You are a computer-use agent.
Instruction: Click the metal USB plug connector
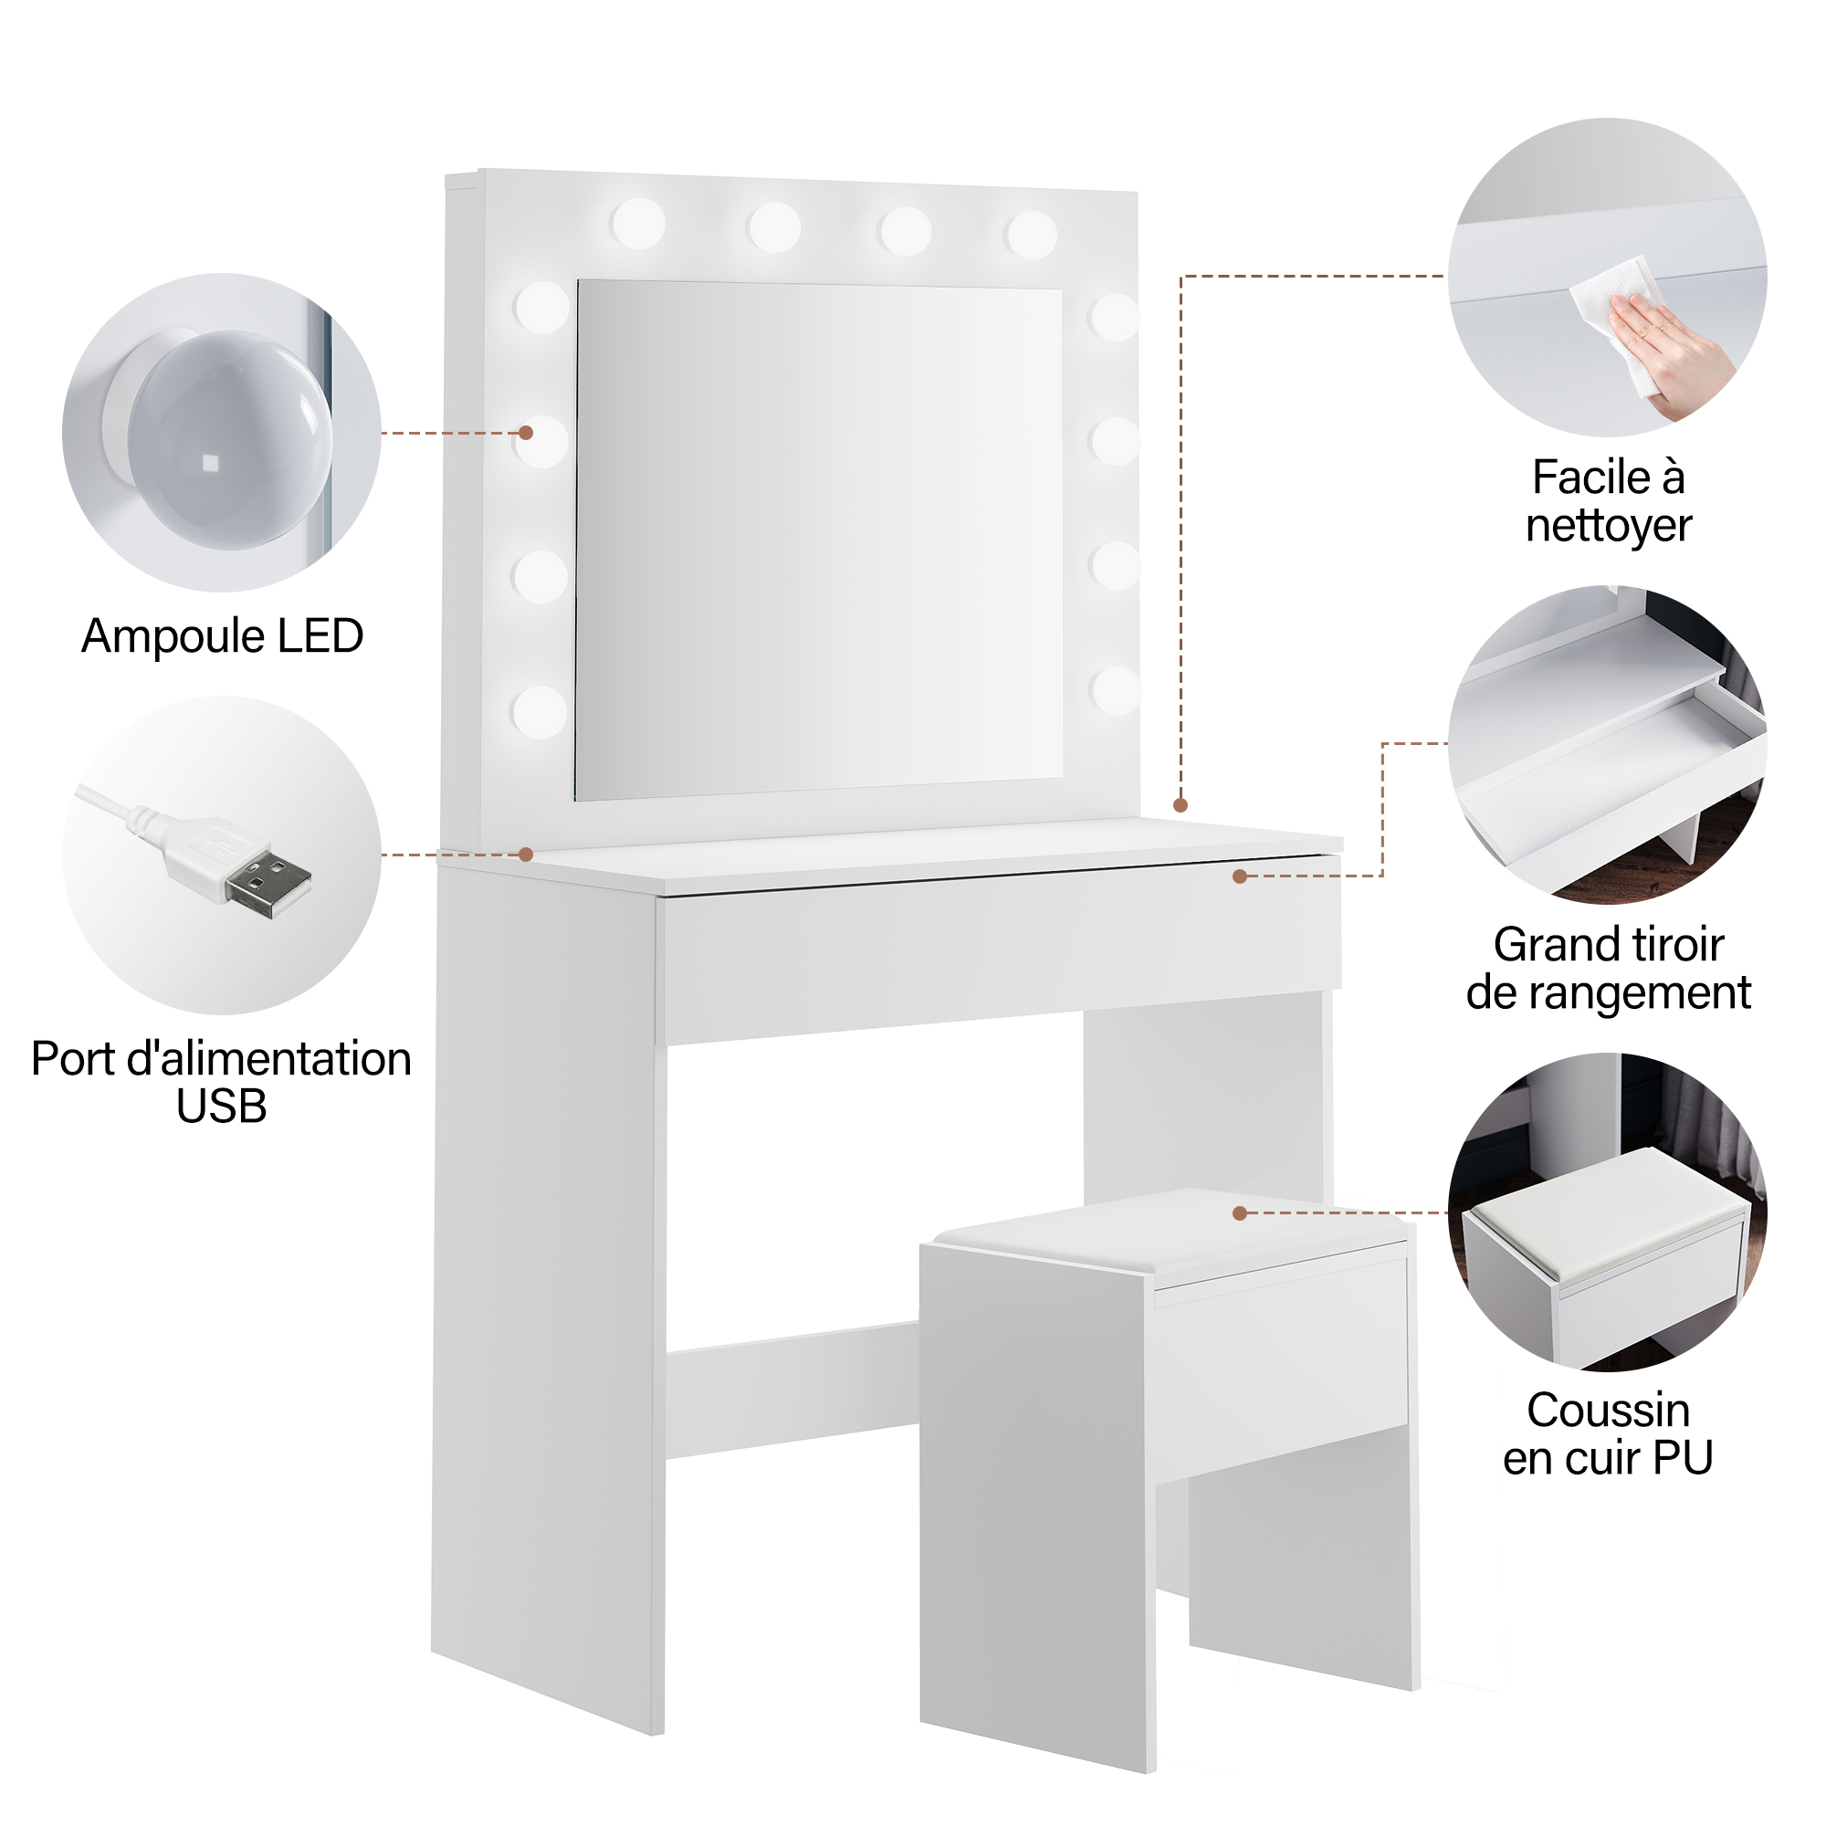[x=268, y=883]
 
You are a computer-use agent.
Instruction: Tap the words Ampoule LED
[x=223, y=636]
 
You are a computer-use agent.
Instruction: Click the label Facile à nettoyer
[x=1608, y=501]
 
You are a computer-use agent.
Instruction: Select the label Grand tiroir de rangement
[x=1608, y=969]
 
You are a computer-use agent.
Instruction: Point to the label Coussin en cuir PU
[x=1608, y=1433]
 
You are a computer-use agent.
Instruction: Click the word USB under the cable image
[x=221, y=1107]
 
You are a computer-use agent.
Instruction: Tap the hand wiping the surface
[x=1671, y=352]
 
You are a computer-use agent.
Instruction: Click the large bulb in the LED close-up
[x=229, y=439]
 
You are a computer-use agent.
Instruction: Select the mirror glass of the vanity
[x=818, y=540]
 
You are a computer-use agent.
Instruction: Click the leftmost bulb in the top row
[x=638, y=224]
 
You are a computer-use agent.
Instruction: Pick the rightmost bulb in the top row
[x=1031, y=236]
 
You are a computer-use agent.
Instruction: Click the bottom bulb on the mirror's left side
[x=540, y=712]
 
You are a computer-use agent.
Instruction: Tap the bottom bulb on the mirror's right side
[x=1116, y=690]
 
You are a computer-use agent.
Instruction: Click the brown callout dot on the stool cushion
[x=1240, y=1212]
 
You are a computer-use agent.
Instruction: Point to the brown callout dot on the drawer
[x=1240, y=876]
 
